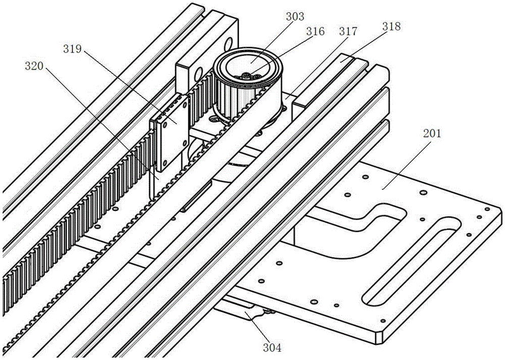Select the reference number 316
coord(315,31)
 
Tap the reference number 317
coord(348,31)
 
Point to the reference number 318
coord(392,26)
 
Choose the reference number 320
coord(34,66)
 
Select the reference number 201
coord(432,133)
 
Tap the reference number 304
coord(272,348)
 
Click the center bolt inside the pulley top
coord(247,75)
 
